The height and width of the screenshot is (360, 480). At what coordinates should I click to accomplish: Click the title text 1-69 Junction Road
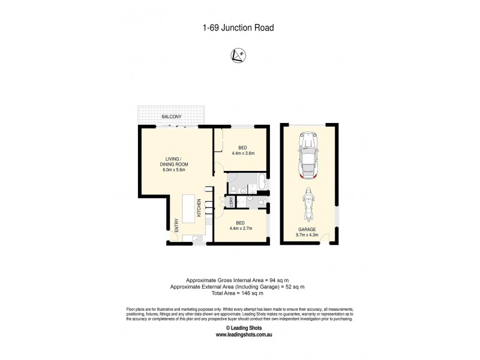[239, 27]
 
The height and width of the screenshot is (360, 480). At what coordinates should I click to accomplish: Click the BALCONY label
[171, 117]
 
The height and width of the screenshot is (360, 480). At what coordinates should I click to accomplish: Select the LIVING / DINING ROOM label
[174, 164]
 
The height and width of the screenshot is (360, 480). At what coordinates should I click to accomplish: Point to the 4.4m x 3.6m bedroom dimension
[243, 153]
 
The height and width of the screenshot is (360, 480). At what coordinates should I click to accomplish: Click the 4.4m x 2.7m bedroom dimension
[240, 228]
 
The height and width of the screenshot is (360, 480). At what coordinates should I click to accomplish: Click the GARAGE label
[307, 229]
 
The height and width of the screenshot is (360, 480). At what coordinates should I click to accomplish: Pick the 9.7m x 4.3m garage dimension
[307, 235]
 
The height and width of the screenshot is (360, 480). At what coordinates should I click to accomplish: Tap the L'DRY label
[232, 203]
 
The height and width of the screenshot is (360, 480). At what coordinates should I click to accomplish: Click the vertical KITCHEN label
[199, 210]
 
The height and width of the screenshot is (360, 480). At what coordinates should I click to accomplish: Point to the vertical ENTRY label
[176, 225]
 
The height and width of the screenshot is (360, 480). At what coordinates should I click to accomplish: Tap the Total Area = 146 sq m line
[239, 293]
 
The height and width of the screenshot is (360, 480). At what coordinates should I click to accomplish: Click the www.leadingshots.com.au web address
[239, 335]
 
